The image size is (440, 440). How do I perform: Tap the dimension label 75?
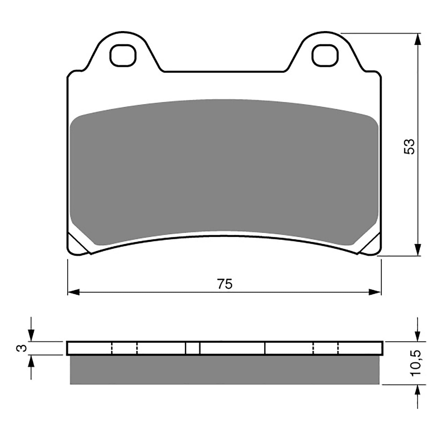point(225,284)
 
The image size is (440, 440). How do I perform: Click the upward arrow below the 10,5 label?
point(418,391)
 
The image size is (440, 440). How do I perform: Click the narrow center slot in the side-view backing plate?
point(193,348)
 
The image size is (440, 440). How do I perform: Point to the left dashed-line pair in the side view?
point(124,348)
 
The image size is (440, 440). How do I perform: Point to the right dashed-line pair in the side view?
point(325,348)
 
